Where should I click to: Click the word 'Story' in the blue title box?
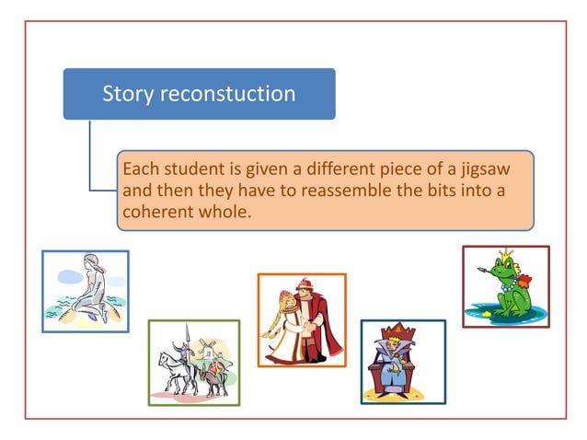126,94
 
